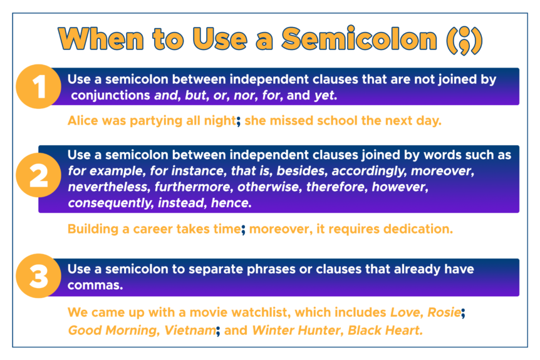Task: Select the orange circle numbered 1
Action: click(x=40, y=88)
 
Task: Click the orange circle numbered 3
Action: click(x=39, y=276)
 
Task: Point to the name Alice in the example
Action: click(x=83, y=121)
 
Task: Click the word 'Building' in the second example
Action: click(x=94, y=229)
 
